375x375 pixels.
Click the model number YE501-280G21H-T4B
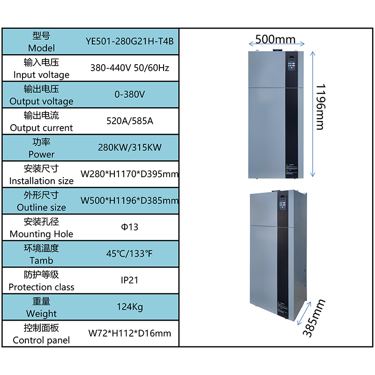(130, 41)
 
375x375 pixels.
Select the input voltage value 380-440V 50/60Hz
(130, 68)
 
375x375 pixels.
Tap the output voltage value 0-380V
(130, 94)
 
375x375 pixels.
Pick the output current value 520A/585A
(130, 121)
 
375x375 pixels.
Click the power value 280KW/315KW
(130, 147)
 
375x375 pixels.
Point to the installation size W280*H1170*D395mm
(130, 174)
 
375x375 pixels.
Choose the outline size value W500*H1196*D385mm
(130, 201)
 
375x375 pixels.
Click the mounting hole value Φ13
(130, 227)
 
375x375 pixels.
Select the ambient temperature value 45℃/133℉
(129, 254)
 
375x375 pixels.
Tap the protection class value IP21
(130, 280)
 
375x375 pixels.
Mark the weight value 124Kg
(130, 307)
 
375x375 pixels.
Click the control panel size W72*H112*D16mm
(130, 333)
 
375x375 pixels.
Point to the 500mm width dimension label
(276, 39)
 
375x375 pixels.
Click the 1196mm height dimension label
(321, 107)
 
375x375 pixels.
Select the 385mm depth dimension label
(314, 318)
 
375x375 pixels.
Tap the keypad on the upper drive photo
(291, 64)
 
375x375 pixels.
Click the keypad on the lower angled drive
(283, 203)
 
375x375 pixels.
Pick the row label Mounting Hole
(41, 234)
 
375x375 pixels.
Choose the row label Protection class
(41, 287)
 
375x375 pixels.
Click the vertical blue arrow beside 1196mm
(313, 114)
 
